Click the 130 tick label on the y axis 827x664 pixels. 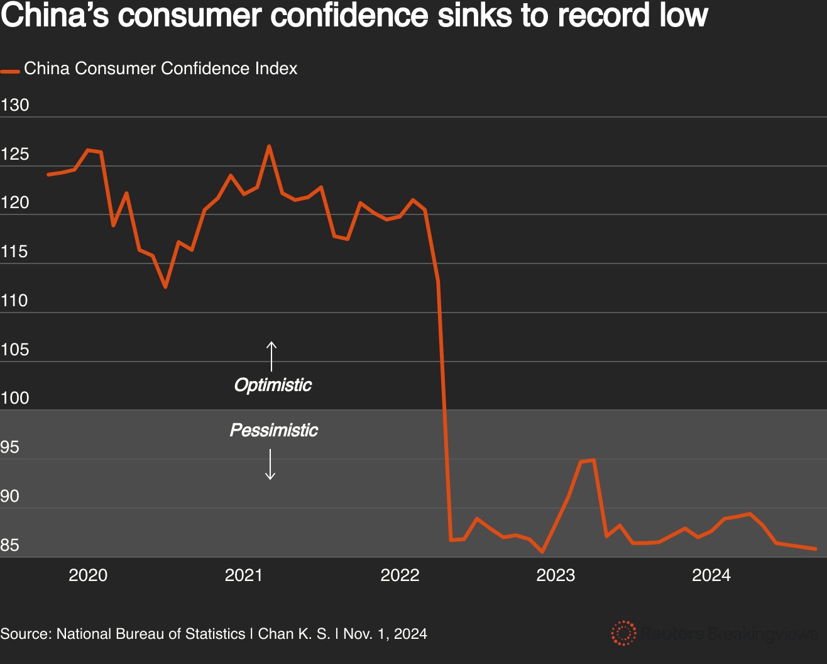tap(15, 105)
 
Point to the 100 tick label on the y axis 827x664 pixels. tap(15, 398)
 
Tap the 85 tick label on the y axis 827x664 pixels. tap(10, 545)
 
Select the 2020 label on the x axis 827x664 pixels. tap(88, 575)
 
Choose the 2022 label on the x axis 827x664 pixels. tap(400, 575)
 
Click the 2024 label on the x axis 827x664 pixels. tap(711, 575)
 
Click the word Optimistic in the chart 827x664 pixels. tap(273, 385)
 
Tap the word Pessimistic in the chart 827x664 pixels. tap(274, 430)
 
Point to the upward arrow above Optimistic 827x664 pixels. tap(271, 356)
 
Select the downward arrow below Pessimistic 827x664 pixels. tap(270, 465)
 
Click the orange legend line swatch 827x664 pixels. tap(10, 71)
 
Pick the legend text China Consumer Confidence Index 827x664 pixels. tap(161, 69)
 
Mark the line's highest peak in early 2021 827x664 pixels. tap(269, 147)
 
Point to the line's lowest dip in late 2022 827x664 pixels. tap(542, 552)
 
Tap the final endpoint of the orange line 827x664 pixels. tap(816, 549)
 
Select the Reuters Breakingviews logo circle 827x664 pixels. tap(623, 633)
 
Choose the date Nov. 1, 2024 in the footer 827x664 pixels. tap(385, 634)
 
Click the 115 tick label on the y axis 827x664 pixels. tap(15, 252)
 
